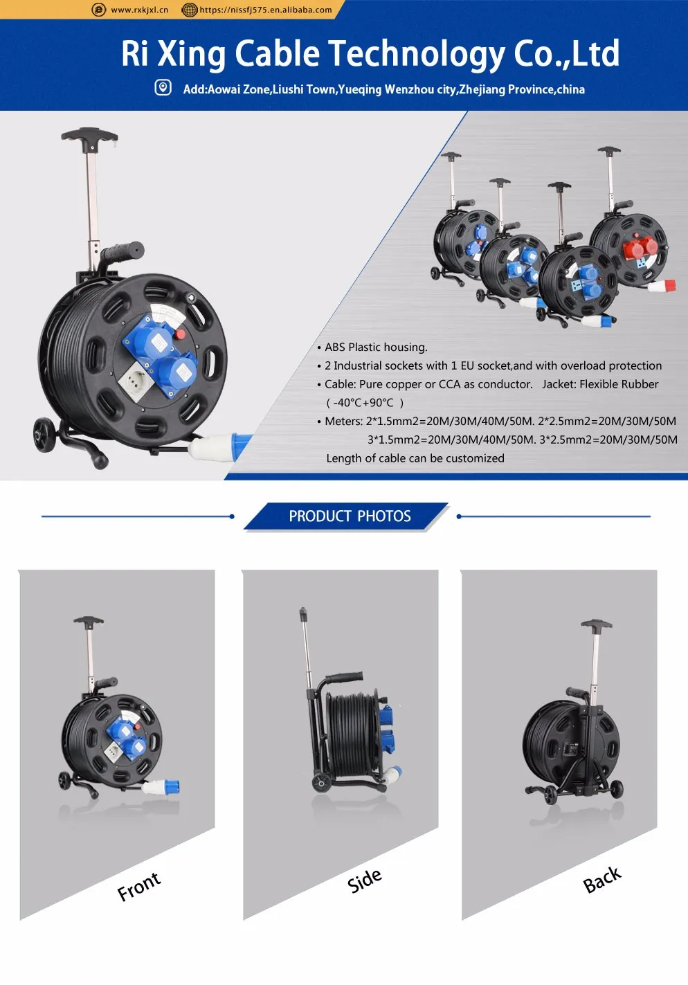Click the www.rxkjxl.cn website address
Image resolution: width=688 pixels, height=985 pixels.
139,10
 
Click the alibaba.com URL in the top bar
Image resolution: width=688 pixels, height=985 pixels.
265,10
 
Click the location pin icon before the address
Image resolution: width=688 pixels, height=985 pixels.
163,88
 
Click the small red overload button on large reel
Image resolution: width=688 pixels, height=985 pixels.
181,334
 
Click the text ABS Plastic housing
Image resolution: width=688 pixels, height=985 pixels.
376,347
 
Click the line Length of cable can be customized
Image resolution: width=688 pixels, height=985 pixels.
415,458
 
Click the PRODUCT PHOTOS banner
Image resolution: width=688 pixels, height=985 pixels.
350,516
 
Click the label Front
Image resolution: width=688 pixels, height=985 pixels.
138,886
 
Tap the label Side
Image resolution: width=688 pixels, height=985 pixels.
364,880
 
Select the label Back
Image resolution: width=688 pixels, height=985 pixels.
601,880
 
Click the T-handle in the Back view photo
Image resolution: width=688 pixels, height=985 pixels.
596,625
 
